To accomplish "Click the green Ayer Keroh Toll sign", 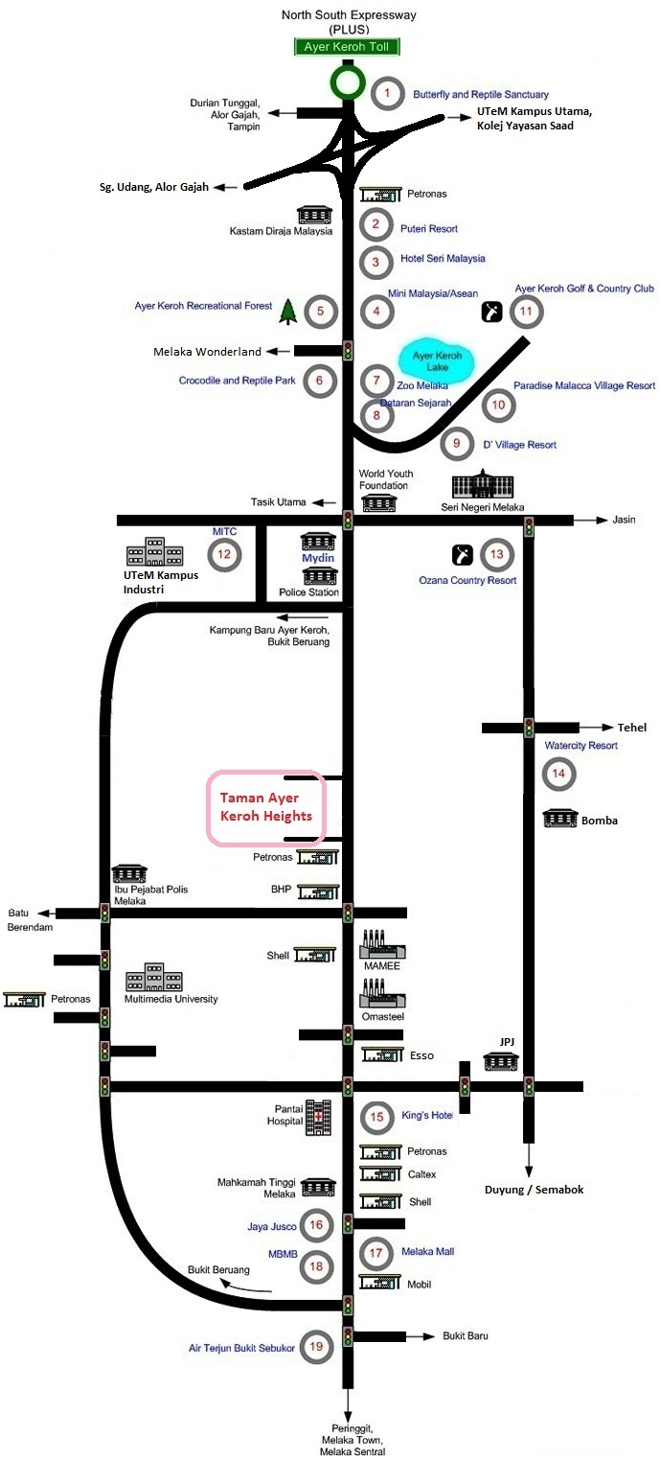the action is coord(348,46).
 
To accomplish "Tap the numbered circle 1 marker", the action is coord(387,93).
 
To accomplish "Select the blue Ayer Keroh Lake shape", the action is coord(437,362).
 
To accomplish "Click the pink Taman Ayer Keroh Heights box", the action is coord(267,808).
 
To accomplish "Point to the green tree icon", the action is coord(286,311).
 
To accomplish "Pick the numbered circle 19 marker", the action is coord(316,1347).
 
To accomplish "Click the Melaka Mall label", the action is coord(427,1252).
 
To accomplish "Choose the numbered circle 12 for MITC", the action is coord(224,553).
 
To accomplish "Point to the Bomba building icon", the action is coord(560,820).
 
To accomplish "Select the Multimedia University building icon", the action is coord(154,978).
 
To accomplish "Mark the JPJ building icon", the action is coord(501,1060).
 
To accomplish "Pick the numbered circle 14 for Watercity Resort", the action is coord(559,773).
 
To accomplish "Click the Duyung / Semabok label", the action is coord(534,1189).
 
